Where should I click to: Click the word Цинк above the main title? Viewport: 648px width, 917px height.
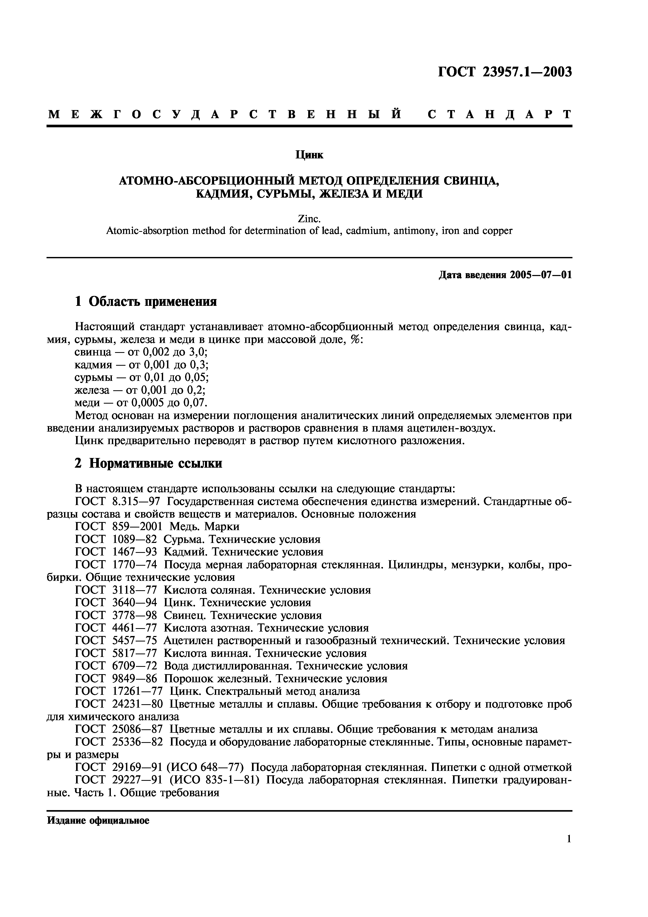(x=309, y=154)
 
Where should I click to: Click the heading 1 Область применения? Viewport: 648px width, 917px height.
(x=146, y=302)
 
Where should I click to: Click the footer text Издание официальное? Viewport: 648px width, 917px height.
(x=98, y=820)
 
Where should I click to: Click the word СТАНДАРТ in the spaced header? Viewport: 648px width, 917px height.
(x=499, y=114)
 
